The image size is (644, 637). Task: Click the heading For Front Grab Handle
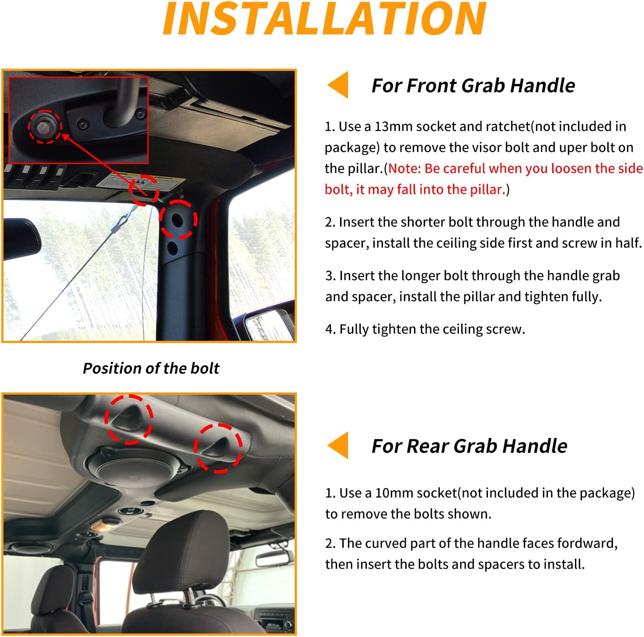[473, 86]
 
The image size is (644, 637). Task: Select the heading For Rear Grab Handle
[469, 446]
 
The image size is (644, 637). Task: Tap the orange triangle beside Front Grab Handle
[338, 84]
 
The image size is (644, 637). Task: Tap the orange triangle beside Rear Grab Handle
[338, 445]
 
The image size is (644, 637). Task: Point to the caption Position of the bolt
[151, 368]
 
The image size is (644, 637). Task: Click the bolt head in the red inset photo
[44, 127]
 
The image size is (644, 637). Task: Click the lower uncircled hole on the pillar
[172, 248]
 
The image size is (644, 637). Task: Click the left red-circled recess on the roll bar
[129, 419]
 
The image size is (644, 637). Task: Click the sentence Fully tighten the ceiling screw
[425, 329]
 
